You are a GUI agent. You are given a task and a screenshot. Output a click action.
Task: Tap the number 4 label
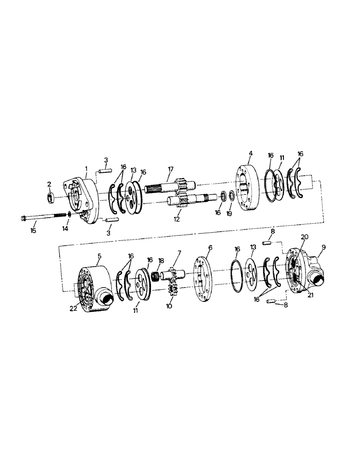point(250,153)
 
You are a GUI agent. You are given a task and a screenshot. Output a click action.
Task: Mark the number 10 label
point(169,306)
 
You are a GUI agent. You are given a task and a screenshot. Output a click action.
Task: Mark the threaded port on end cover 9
point(321,279)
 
